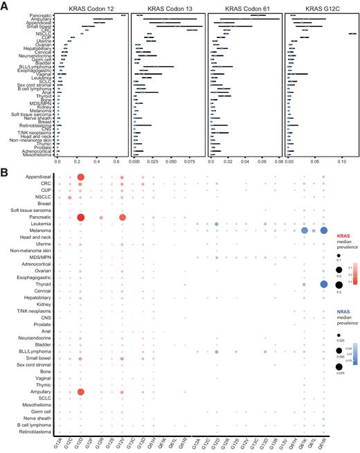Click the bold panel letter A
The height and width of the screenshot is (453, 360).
(4, 5)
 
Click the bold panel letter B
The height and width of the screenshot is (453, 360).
(4, 168)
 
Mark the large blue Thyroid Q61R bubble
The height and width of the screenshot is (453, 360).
(324, 285)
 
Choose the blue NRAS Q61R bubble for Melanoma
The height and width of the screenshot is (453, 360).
(324, 231)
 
